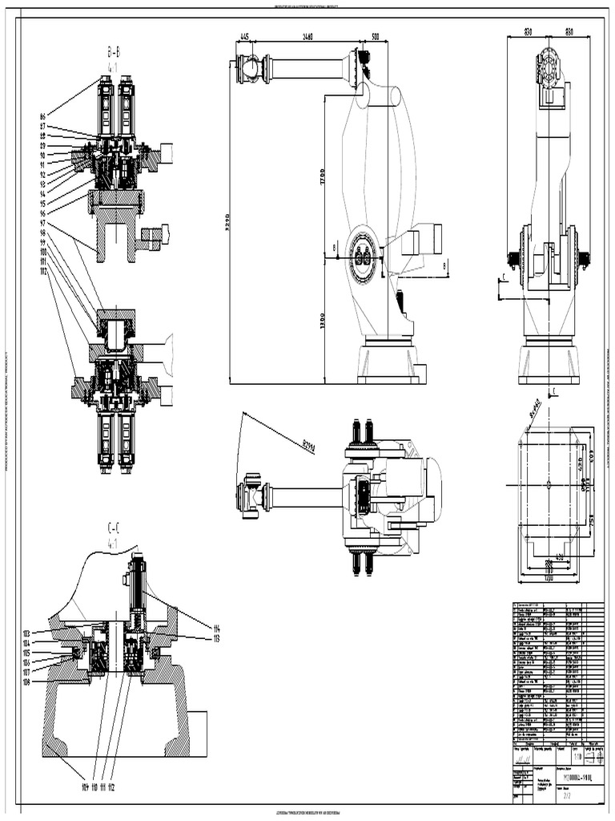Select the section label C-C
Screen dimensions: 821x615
tap(114, 528)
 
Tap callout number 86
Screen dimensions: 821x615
tap(42, 117)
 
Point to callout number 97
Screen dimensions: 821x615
tap(42, 223)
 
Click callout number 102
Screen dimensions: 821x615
tap(42, 272)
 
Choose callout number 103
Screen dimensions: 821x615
tap(26, 633)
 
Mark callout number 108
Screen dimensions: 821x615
tap(26, 682)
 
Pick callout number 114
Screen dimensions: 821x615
tap(216, 628)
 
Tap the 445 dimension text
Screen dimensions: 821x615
tap(244, 37)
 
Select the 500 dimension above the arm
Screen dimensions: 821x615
tap(374, 37)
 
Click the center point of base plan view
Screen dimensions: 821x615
tap(548, 484)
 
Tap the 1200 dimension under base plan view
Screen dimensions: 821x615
tap(548, 578)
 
